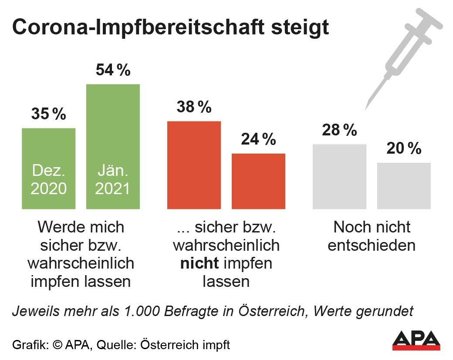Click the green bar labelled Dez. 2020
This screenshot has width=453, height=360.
[x=48, y=168]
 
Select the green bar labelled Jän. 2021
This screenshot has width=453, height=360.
[x=113, y=146]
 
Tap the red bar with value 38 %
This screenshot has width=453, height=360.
[x=194, y=165]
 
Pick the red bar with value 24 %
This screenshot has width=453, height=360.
[x=258, y=181]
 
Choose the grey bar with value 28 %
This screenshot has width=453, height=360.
[x=339, y=176]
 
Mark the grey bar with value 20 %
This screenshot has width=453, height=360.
[x=404, y=186]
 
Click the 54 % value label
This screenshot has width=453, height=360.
[x=113, y=70]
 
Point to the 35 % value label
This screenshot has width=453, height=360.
[x=48, y=114]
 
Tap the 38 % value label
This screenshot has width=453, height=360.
[x=194, y=107]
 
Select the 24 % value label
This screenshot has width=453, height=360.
[x=258, y=139]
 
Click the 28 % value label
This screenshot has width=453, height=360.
[x=339, y=130]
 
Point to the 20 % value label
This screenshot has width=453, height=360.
[x=404, y=149]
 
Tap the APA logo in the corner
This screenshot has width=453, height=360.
[x=416, y=340]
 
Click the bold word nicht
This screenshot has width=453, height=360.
[x=198, y=263]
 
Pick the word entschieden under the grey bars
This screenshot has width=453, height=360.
[x=372, y=245]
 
